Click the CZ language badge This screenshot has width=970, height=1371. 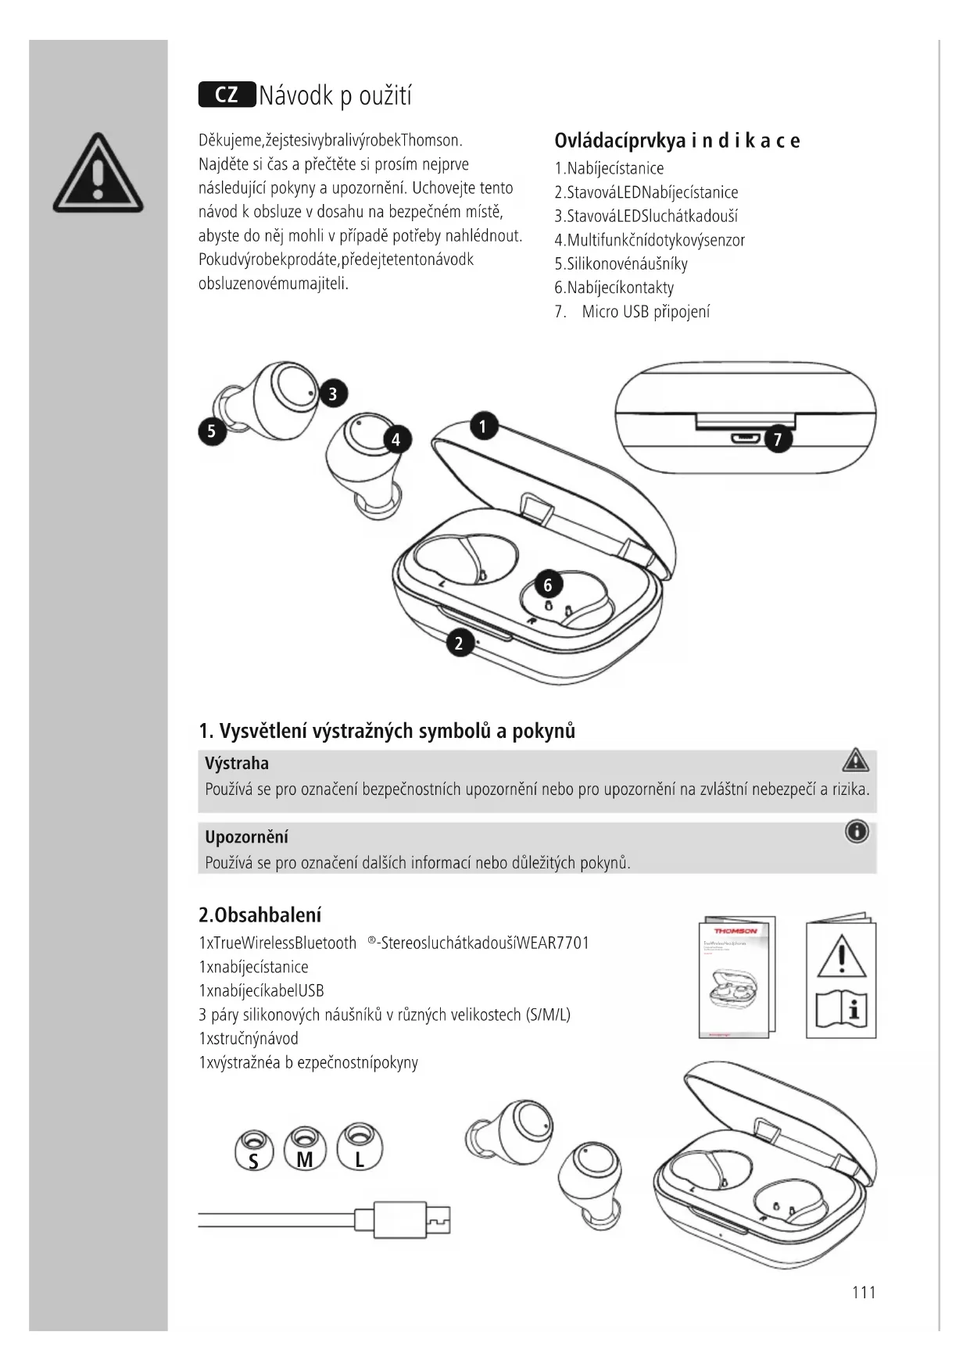coord(227,95)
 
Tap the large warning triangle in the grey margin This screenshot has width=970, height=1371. coord(98,174)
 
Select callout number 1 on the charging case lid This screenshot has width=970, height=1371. coord(484,426)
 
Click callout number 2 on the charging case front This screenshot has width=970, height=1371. coord(459,643)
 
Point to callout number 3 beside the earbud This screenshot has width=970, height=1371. coord(333,393)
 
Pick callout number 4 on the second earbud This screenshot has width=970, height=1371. coord(396,440)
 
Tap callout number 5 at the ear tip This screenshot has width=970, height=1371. coord(212,431)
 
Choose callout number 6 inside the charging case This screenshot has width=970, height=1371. coord(548,585)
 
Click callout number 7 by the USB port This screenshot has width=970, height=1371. coord(777,439)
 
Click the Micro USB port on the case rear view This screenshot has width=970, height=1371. coord(745,438)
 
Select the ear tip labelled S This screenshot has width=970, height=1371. coord(253,1150)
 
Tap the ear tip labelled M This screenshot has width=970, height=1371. coord(305,1148)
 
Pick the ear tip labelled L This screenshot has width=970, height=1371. coord(360,1148)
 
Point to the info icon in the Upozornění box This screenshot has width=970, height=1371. coord(857,832)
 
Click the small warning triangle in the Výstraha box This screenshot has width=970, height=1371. coord(856,760)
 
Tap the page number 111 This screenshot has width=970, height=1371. coord(864,1292)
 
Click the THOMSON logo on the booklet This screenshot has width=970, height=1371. coord(736,931)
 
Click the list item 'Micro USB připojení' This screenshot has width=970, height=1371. coord(646,312)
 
